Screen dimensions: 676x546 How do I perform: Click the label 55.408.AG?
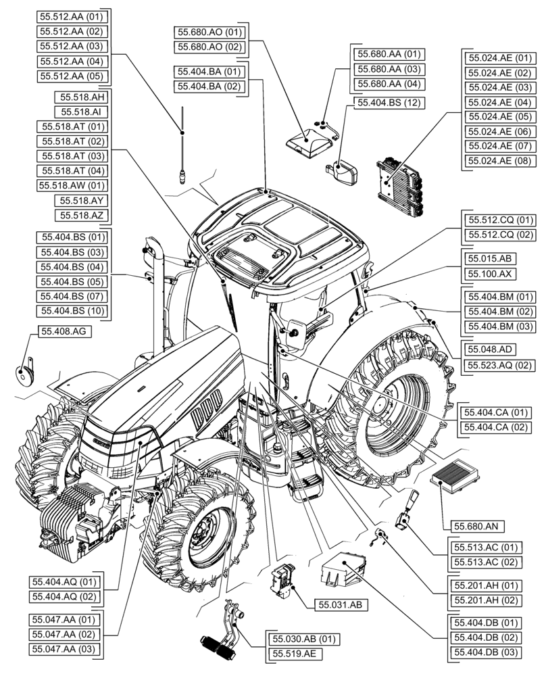pos(64,333)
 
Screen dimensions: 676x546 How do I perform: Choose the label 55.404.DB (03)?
pos(485,652)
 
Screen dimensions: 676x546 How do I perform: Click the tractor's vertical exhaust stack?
pos(157,297)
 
